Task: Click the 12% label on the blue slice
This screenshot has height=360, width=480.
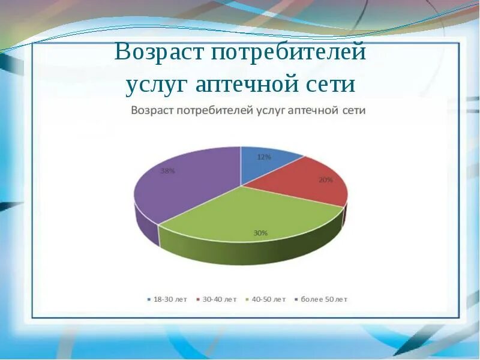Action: (264, 157)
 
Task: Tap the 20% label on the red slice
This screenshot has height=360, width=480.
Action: (326, 180)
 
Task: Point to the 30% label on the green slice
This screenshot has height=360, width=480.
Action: (260, 233)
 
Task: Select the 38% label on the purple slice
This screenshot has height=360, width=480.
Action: (168, 171)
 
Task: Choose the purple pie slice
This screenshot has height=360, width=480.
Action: (184, 184)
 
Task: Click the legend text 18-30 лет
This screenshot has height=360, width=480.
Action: (170, 299)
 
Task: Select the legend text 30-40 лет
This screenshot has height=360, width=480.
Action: (220, 299)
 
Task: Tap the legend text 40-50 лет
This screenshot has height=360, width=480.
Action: (269, 299)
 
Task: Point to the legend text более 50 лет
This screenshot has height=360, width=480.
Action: (324, 299)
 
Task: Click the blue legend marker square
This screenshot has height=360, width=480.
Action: (149, 299)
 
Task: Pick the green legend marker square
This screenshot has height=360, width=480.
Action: (247, 299)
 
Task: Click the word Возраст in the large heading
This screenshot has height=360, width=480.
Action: (159, 52)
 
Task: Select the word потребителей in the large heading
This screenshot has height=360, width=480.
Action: (289, 52)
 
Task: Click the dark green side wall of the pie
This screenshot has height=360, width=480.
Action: (251, 253)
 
